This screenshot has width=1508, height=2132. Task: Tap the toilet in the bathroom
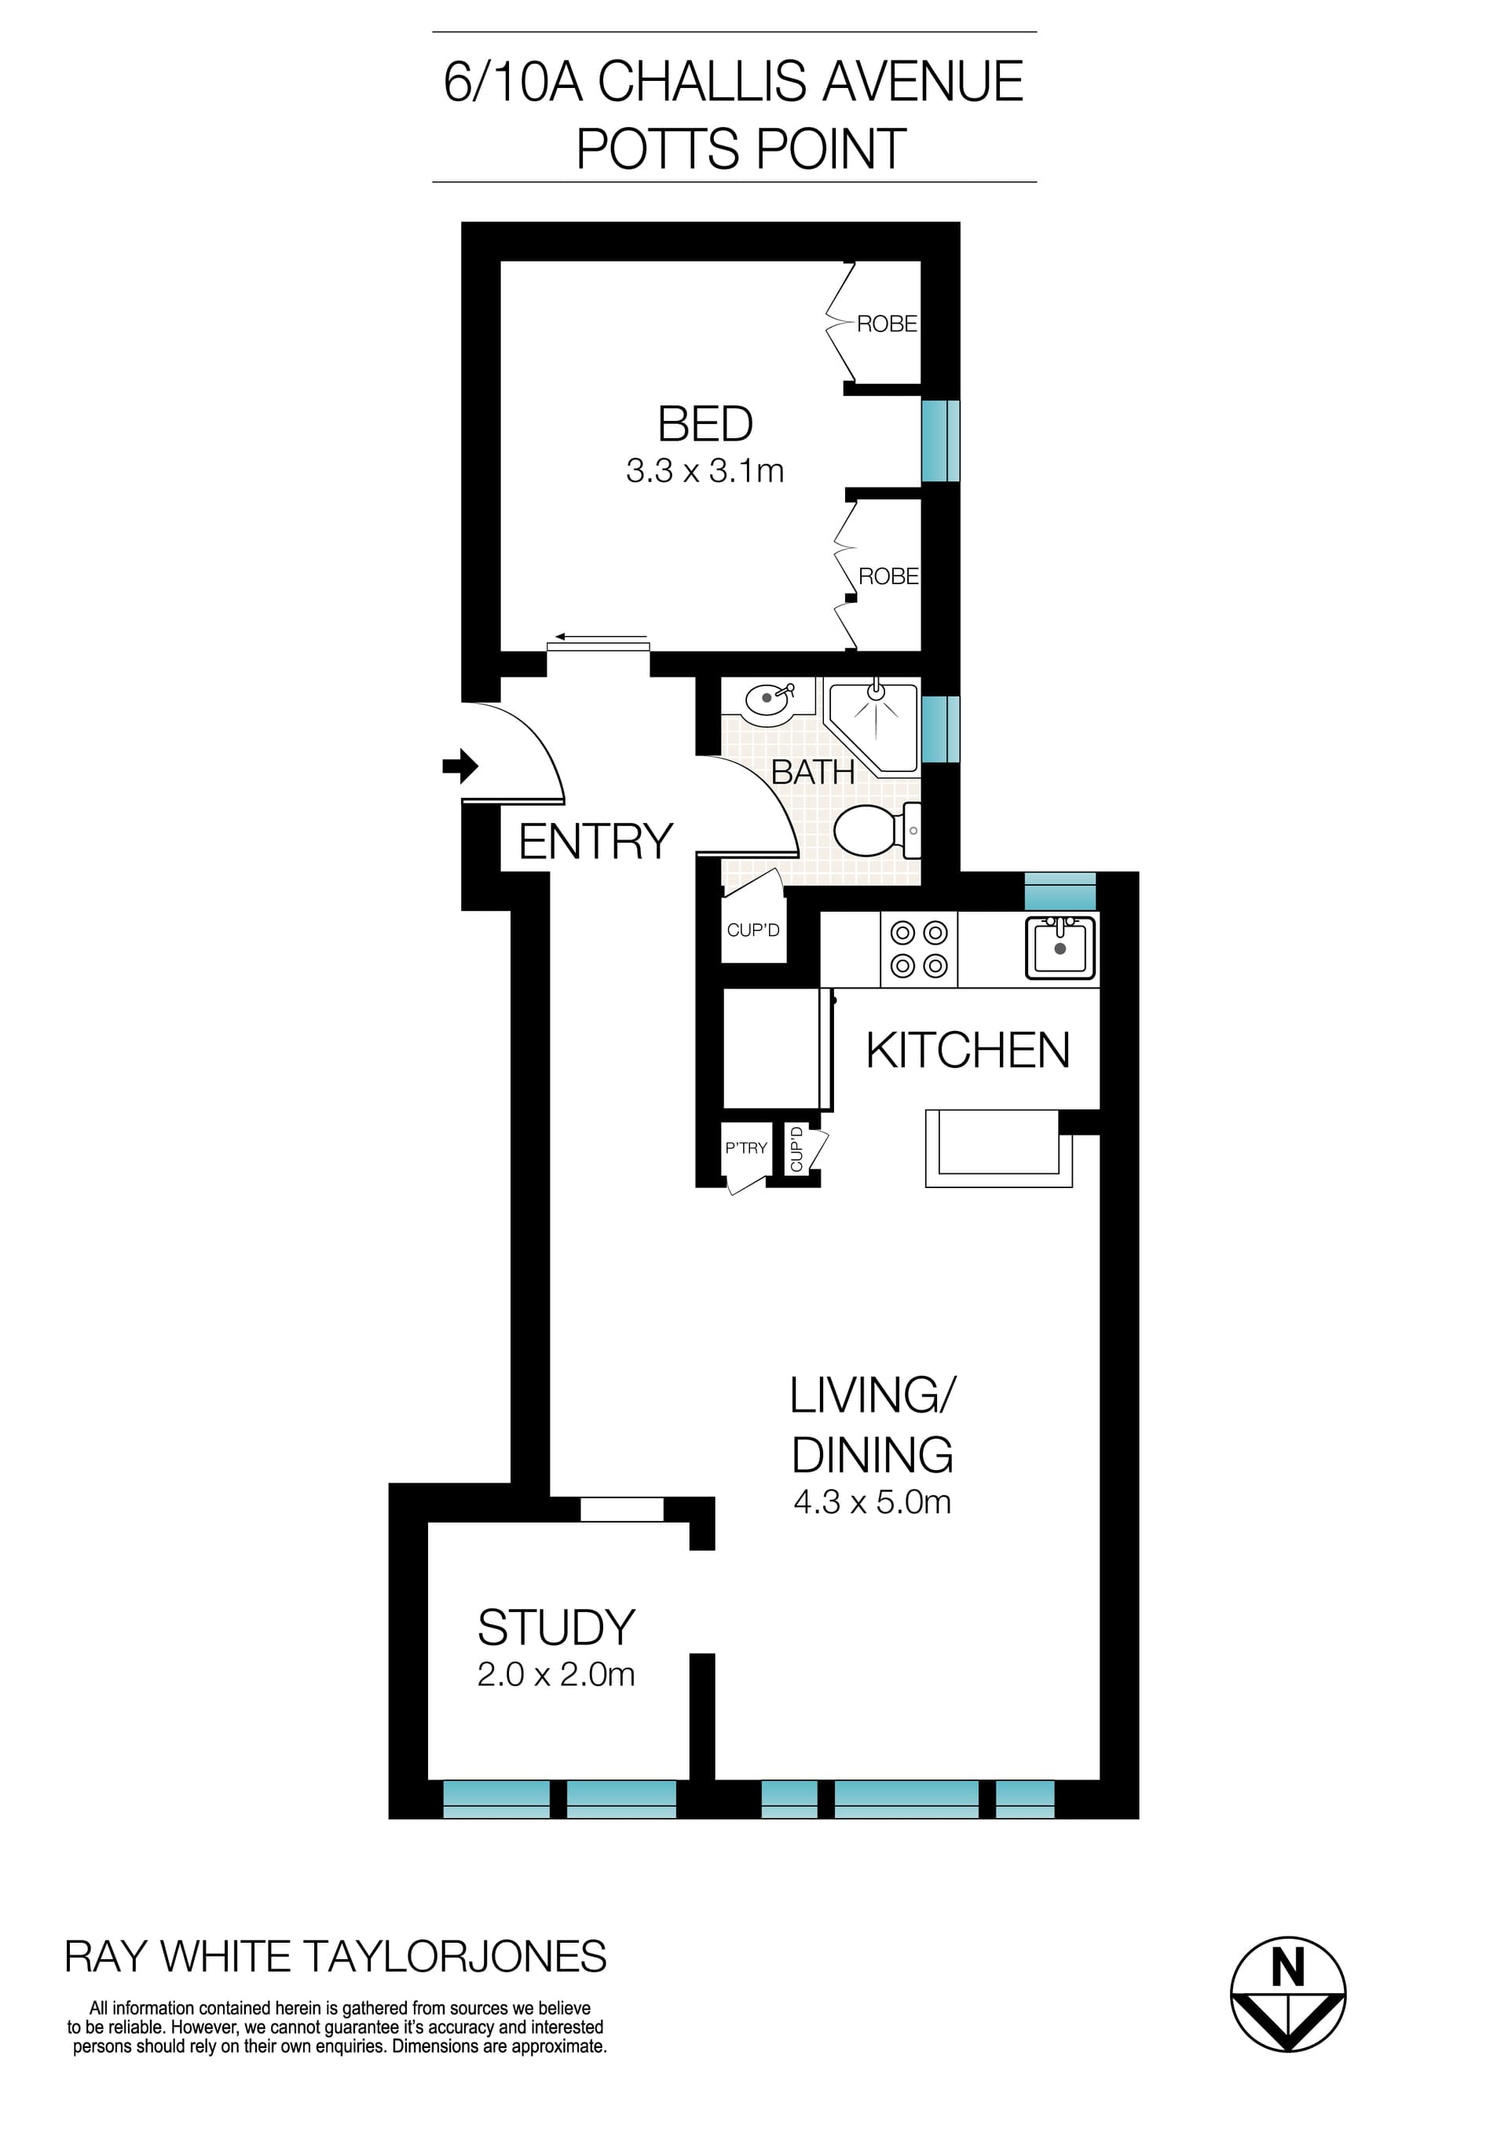point(873,830)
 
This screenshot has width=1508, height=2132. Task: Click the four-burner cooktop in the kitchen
point(918,949)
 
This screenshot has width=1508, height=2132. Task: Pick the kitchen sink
point(1060,948)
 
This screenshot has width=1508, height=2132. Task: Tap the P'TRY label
point(745,1148)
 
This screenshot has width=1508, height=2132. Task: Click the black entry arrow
point(459,767)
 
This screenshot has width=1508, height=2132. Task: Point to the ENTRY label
point(595,843)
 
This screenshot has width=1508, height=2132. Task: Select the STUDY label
point(555,1628)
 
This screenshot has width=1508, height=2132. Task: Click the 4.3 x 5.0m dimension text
point(872,1502)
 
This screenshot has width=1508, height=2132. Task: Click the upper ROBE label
point(887,324)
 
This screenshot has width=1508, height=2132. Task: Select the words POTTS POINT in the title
point(741,148)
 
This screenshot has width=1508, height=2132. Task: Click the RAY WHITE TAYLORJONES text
point(335,1957)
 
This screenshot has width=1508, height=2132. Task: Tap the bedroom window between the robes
point(939,441)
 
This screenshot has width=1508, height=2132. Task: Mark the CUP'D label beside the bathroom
point(753,931)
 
